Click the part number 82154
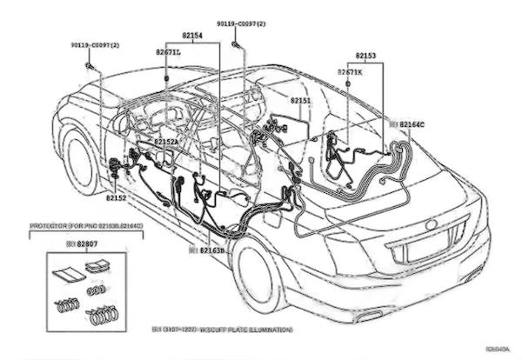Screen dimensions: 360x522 point(192,36)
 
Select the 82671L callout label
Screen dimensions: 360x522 point(168,52)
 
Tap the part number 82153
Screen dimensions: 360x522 point(366,56)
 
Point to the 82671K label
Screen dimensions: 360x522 point(350,71)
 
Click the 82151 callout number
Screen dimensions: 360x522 point(300,102)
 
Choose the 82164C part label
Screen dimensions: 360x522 point(412,124)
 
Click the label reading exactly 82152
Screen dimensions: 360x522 point(117,197)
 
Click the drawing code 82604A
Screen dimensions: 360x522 point(499,350)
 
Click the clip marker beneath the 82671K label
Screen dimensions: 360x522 point(349,82)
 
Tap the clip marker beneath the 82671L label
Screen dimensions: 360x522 point(165,78)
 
